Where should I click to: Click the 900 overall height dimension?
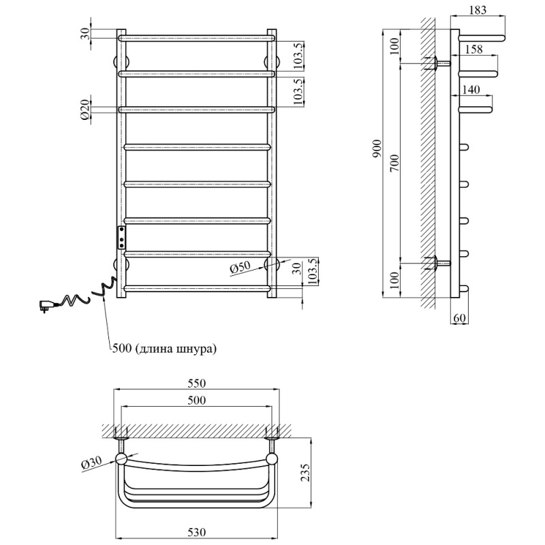[x=377, y=149]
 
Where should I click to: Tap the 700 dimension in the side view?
[x=395, y=163]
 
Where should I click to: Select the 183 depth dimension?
[x=478, y=10]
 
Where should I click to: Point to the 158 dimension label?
[x=473, y=49]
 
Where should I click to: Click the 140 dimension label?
[x=471, y=90]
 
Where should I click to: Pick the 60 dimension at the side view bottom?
[x=459, y=317]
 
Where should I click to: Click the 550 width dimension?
[x=197, y=383]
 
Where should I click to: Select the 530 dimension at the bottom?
[x=197, y=532]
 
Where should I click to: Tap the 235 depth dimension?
[x=305, y=471]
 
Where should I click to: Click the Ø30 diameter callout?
[x=91, y=463]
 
